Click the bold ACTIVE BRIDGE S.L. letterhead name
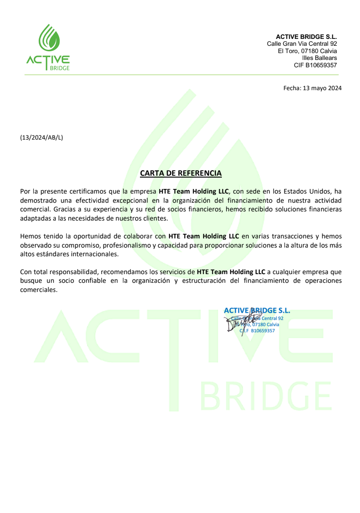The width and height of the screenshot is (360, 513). [306, 37]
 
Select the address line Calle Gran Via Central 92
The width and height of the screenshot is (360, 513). [302, 43]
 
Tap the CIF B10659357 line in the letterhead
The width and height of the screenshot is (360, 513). [315, 65]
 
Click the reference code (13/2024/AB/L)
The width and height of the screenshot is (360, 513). [42, 137]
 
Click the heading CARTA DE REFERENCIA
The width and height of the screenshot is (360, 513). [181, 173]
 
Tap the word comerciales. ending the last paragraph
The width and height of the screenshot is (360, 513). [39, 290]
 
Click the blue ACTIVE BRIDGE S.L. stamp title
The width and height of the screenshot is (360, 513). [257, 311]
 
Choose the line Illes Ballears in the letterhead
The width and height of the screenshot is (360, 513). [319, 58]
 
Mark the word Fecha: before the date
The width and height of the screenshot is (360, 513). [292, 88]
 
